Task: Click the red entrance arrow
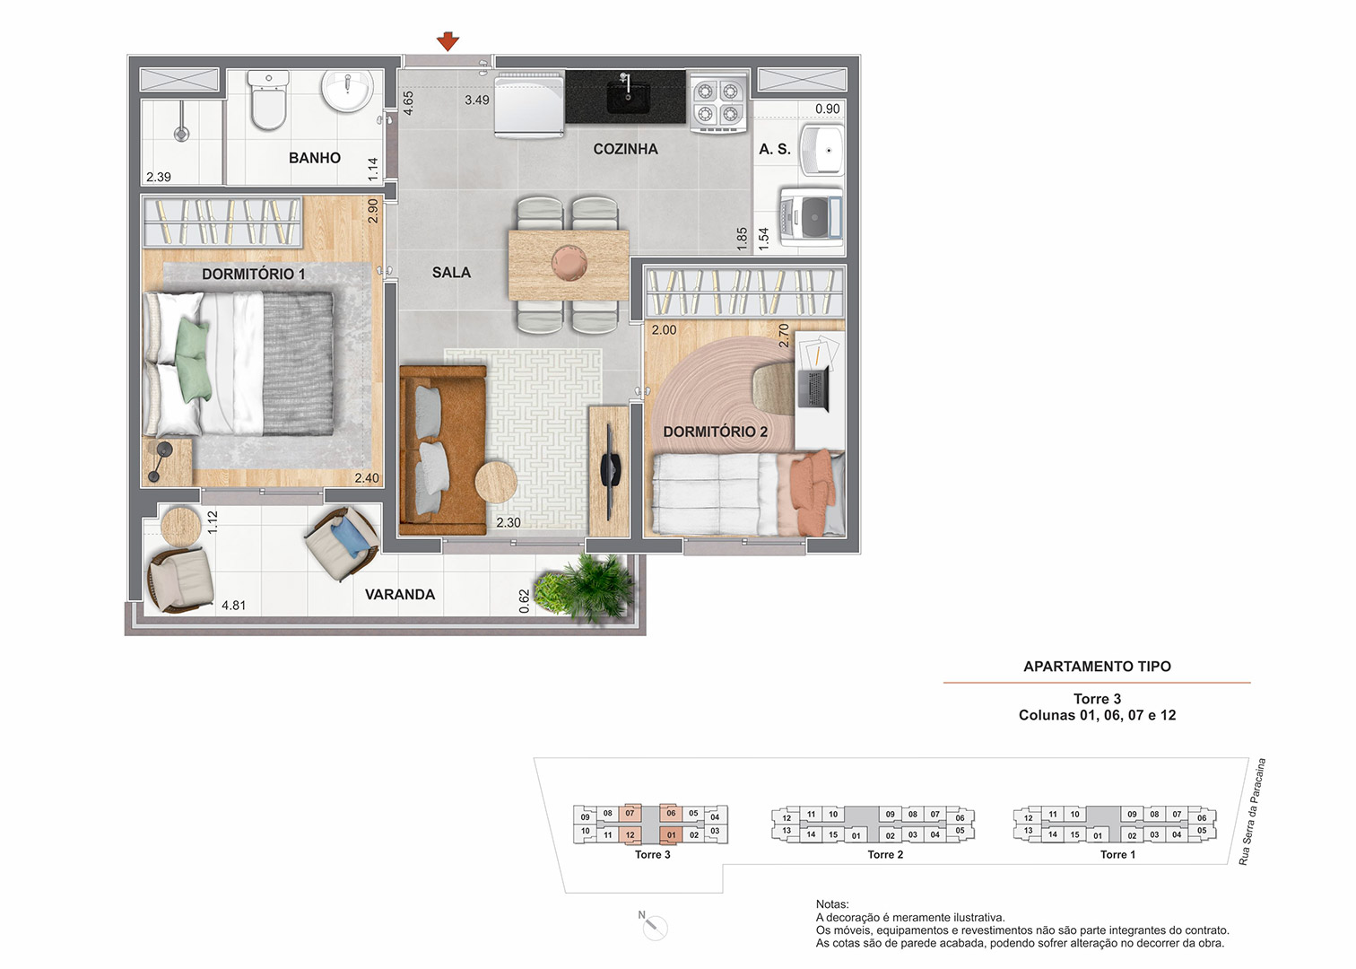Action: (448, 41)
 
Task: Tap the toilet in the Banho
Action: (268, 100)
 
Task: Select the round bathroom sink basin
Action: (346, 91)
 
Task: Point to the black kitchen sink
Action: (629, 96)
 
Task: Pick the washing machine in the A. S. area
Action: (811, 216)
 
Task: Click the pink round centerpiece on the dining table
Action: (569, 263)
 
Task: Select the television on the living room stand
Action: (610, 462)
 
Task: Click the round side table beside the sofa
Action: (496, 482)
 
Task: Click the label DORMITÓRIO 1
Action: (253, 275)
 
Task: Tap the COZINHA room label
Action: (625, 149)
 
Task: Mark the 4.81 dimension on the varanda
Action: (234, 605)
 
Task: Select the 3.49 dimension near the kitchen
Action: (477, 100)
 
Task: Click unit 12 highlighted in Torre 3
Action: (630, 834)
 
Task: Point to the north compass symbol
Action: (653, 925)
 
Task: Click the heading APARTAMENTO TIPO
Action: (1097, 666)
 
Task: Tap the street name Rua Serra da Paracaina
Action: (1252, 811)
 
